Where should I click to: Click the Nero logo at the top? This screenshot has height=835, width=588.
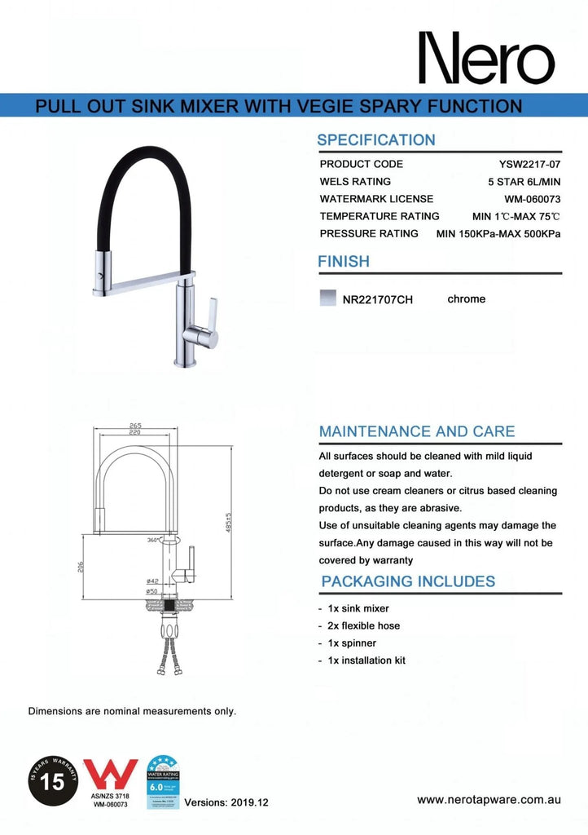point(485,58)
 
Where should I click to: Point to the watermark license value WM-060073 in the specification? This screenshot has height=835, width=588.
point(533,199)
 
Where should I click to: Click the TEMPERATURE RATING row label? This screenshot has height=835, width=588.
point(380,216)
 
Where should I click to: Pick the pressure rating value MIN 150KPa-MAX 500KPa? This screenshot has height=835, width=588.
point(498,233)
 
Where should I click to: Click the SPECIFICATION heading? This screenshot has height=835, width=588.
point(376,139)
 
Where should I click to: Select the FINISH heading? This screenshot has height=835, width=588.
point(343,262)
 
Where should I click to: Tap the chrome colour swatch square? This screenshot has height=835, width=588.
point(328,298)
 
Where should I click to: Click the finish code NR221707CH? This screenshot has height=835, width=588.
point(378,299)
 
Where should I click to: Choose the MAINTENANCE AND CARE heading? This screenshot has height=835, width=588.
point(417,431)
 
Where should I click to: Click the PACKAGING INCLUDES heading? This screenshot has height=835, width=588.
point(408,581)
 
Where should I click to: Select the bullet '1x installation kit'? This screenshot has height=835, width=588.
point(366,660)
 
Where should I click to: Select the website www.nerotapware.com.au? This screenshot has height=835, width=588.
point(489,800)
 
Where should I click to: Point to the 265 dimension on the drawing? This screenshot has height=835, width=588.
point(135,425)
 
